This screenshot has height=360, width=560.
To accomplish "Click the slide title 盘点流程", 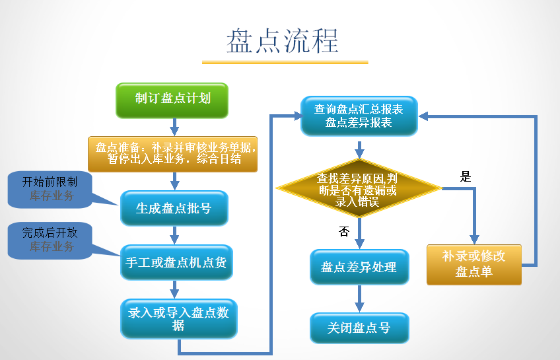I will tap(283, 41).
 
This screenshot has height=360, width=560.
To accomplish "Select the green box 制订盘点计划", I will tap(172, 100).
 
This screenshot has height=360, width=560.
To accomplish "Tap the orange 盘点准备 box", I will tap(173, 154).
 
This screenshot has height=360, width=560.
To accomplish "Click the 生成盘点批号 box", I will tap(174, 208).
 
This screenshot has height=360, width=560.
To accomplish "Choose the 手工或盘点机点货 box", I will tap(175, 262).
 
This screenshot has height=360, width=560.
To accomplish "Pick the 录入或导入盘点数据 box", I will tap(178, 318).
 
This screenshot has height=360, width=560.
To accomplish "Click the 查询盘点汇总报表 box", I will tap(359, 116).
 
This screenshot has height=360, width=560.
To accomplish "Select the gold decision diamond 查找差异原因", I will tap(358, 190).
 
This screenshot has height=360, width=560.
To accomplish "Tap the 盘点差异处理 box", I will tap(359, 267).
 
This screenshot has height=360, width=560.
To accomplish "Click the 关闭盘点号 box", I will tap(359, 328).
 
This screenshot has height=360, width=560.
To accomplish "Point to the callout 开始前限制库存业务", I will tap(50, 188).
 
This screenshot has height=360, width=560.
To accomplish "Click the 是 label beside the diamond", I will tap(466, 176).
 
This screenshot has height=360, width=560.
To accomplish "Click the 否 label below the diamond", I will tap(343, 231).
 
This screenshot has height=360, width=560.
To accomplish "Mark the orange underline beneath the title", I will tap(284, 63).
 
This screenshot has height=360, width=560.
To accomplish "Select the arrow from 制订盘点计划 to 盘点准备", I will tap(174, 126).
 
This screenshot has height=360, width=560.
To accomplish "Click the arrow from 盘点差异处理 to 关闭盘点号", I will tap(359, 298).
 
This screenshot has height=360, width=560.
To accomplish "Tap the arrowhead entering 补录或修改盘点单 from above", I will tap(473, 238).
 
